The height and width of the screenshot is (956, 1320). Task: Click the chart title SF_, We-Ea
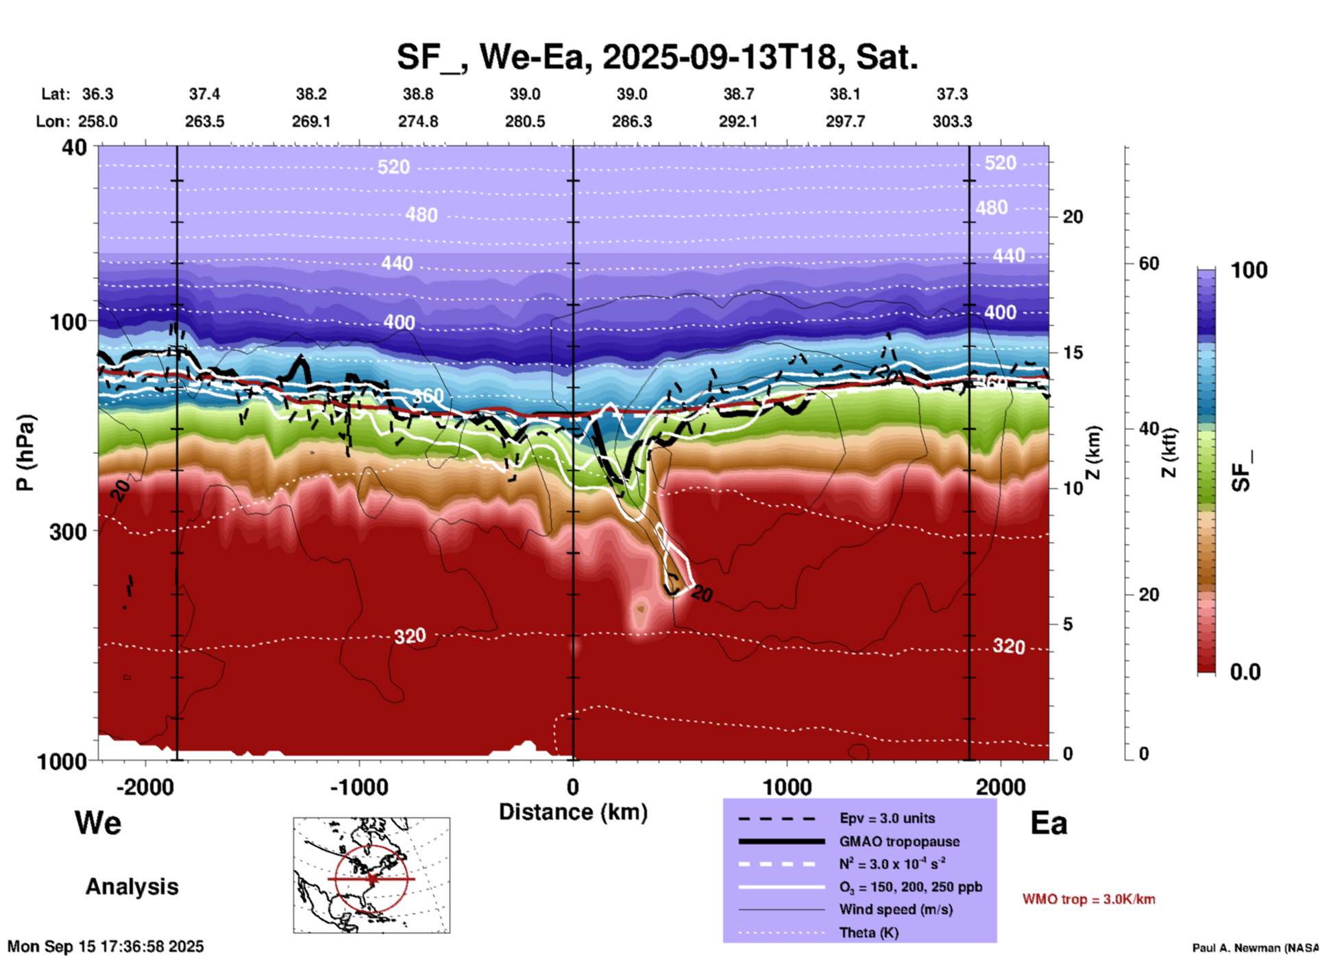[x=657, y=57]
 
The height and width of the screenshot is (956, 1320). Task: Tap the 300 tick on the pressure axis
[x=69, y=531]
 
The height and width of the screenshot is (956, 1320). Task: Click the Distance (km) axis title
[x=573, y=812]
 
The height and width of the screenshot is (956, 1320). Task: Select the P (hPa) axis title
[x=25, y=453]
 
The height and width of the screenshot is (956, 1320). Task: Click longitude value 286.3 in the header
[x=631, y=121]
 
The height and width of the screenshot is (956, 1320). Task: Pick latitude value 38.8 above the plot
[x=418, y=94]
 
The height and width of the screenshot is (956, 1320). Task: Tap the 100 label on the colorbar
[x=1248, y=270]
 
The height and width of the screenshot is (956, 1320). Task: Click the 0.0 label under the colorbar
[x=1245, y=672]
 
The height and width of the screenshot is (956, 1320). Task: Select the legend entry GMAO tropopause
[x=899, y=841]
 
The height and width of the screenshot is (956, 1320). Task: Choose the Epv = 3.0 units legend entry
[x=887, y=818]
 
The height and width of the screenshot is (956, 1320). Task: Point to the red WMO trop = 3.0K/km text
[x=1088, y=899]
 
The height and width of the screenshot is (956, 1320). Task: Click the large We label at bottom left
[x=98, y=823]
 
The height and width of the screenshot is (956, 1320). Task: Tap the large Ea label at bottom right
[x=1049, y=823]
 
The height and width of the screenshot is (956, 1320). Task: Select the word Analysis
[x=132, y=887]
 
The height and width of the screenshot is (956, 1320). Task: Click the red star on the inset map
[x=371, y=879]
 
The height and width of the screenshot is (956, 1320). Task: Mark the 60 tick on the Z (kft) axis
[x=1149, y=263]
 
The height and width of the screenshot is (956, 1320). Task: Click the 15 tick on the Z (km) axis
[x=1073, y=352]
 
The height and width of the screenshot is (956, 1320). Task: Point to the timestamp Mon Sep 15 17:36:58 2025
[x=106, y=946]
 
